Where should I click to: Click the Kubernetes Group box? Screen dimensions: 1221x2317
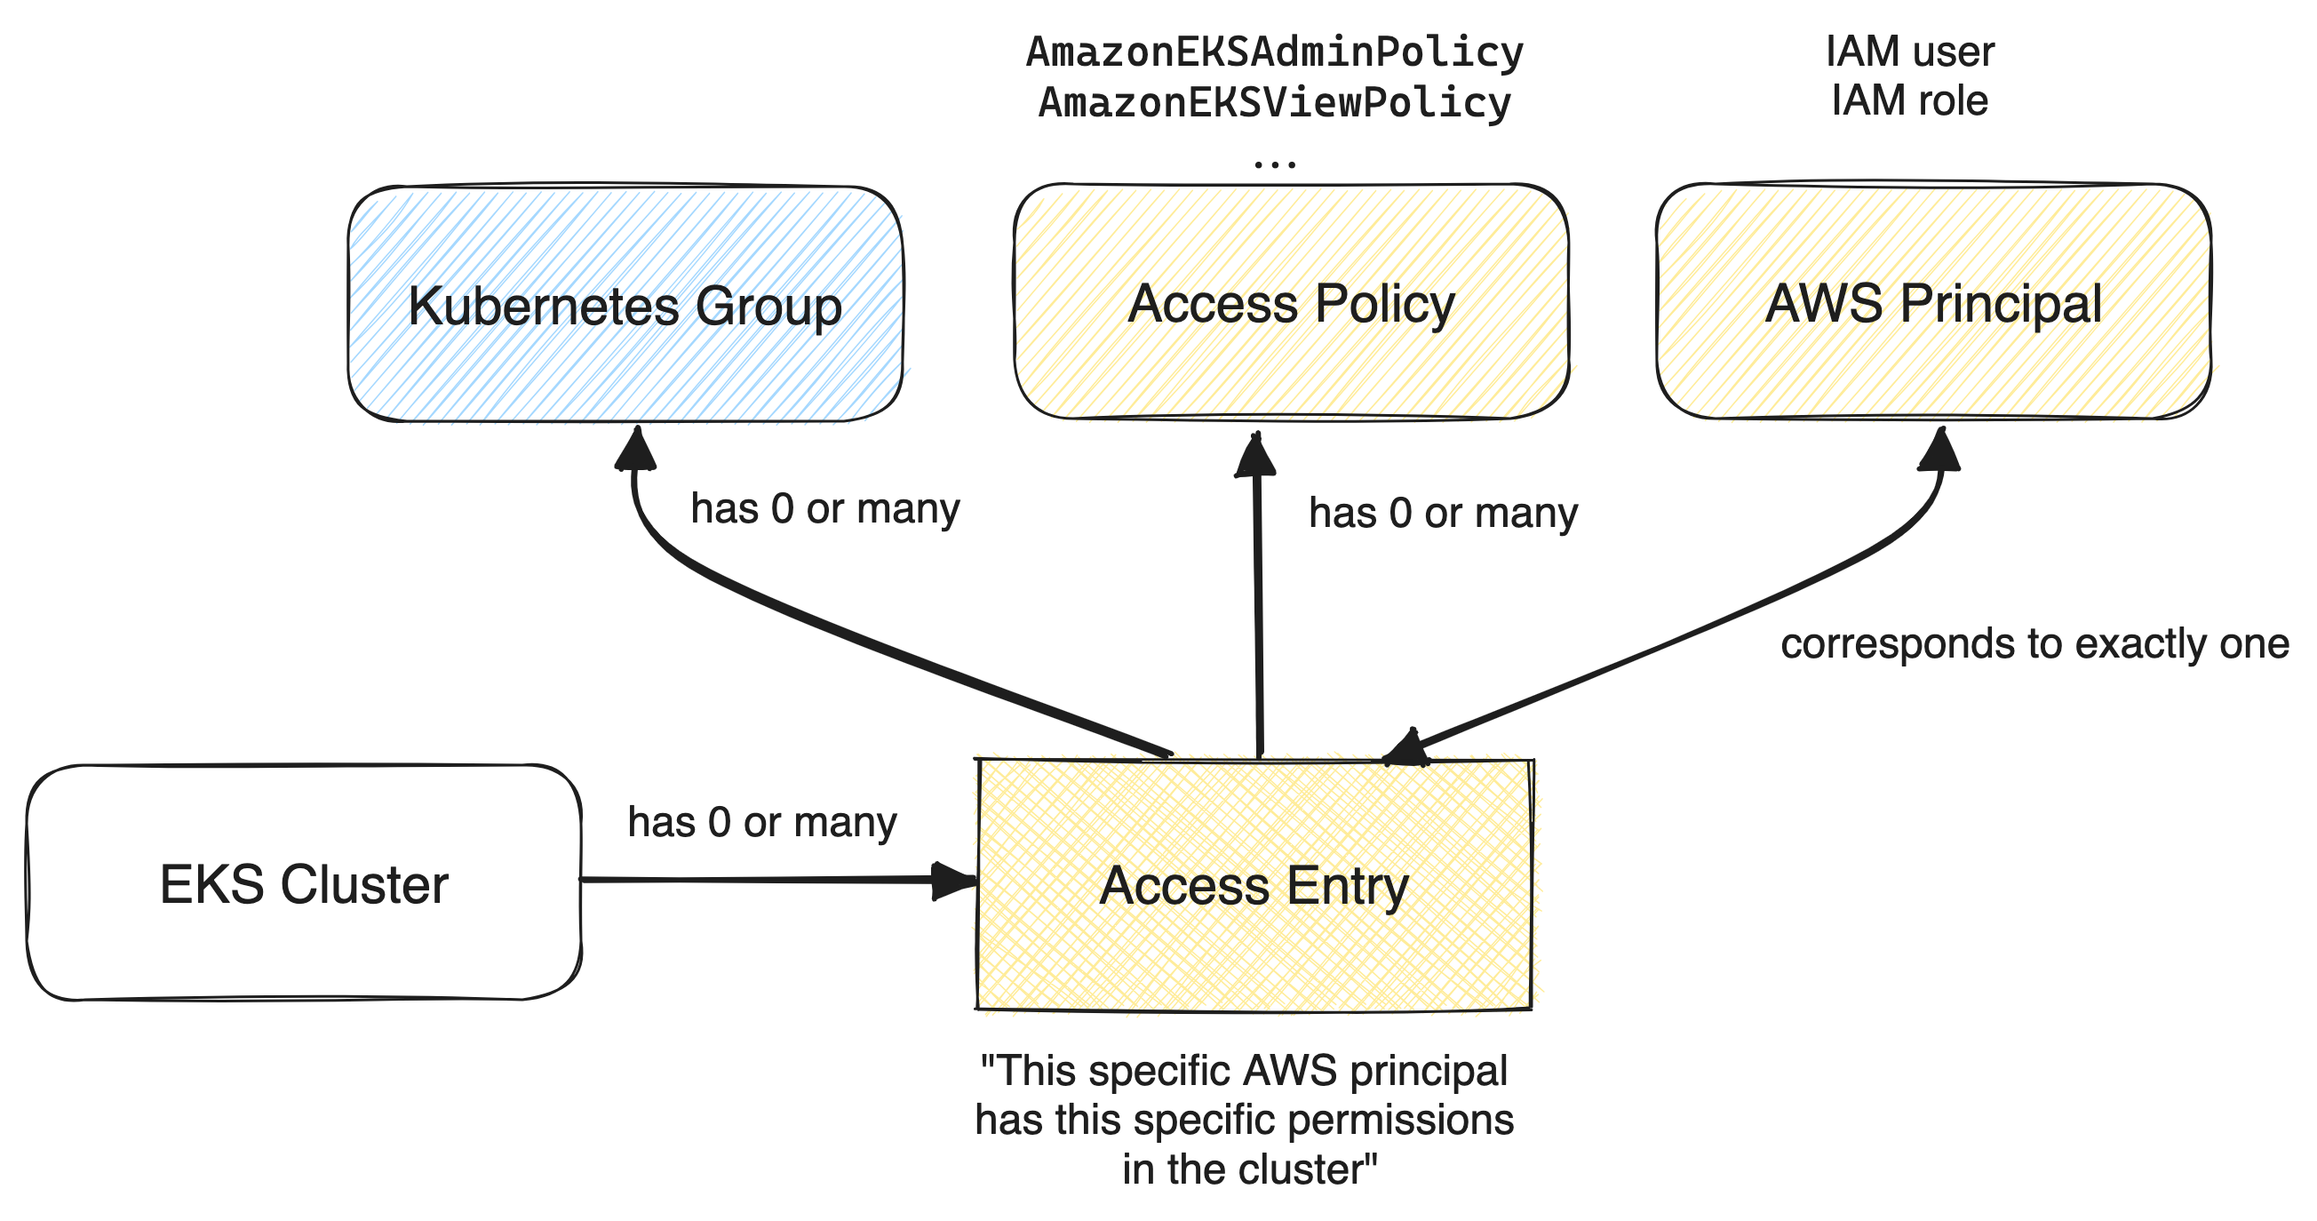pos(625,304)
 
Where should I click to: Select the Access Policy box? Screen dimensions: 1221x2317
pos(1291,302)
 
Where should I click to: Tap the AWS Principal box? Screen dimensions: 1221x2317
pos(1933,302)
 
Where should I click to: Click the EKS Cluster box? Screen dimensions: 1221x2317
pos(303,882)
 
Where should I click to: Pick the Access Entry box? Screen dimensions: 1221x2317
pos(1254,884)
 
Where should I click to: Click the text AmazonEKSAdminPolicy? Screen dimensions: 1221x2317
pos(1275,52)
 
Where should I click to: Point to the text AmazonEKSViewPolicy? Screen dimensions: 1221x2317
pos(1275,101)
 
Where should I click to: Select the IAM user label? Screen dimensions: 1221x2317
pos(1909,52)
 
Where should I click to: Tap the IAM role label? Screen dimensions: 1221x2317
pos(1909,100)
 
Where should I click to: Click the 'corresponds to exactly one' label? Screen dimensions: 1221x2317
pos(2034,643)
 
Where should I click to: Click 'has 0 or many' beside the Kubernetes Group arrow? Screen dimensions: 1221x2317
pos(824,508)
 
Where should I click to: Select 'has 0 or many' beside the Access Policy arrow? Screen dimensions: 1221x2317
pos(1443,513)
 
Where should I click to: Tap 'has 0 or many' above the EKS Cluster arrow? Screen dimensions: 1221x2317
pos(762,821)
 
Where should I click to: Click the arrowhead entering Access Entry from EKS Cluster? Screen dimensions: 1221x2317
pos(953,880)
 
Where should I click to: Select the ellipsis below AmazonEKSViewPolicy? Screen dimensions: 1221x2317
pos(1275,163)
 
